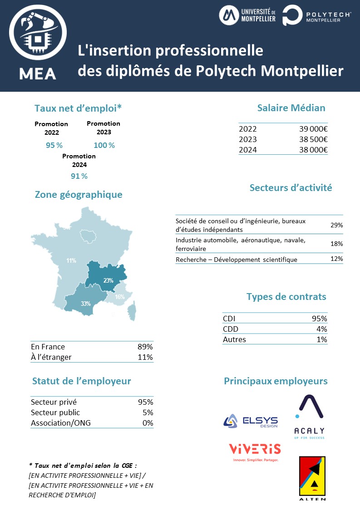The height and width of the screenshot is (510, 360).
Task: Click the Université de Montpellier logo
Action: pyautogui.click(x=247, y=15)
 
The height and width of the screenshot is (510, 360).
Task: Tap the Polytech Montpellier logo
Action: pyautogui.click(x=316, y=15)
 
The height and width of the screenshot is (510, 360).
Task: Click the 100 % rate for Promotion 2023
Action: pyautogui.click(x=104, y=145)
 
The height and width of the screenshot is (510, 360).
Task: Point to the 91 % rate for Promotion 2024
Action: pyautogui.click(x=79, y=176)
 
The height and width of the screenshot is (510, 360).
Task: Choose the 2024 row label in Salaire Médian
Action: pyautogui.click(x=247, y=150)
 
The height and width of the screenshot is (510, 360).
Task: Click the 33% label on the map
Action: pyautogui.click(x=85, y=304)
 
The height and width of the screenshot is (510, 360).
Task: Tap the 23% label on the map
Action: pyautogui.click(x=108, y=280)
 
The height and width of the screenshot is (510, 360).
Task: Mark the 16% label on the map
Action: pyautogui.click(x=119, y=297)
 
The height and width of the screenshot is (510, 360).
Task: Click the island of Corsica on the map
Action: pyautogui.click(x=132, y=312)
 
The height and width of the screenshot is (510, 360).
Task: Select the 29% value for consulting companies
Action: pyautogui.click(x=336, y=225)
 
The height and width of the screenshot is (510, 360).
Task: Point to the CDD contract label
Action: pyautogui.click(x=231, y=329)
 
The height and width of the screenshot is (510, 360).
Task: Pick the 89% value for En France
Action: pyautogui.click(x=145, y=347)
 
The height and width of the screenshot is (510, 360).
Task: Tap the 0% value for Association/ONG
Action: pyautogui.click(x=148, y=423)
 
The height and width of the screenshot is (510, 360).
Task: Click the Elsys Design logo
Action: pyautogui.click(x=250, y=421)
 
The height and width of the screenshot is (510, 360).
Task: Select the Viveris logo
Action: pyautogui.click(x=254, y=452)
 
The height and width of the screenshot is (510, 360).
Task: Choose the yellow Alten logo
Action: pyautogui.click(x=312, y=478)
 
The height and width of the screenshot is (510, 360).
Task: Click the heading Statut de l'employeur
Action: pyautogui.click(x=81, y=381)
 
